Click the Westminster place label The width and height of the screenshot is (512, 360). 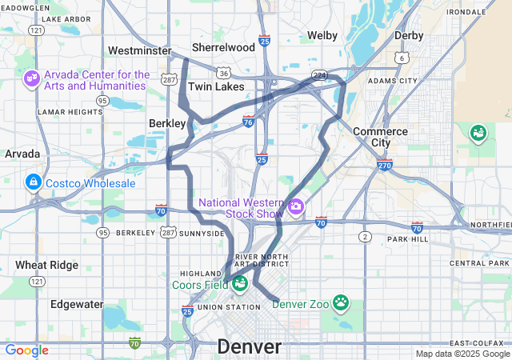(x=140, y=50)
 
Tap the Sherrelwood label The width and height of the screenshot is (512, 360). (x=223, y=47)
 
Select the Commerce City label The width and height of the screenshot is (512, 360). (x=380, y=137)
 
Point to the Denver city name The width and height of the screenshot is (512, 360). (x=250, y=347)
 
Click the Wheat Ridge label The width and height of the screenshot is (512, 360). (x=46, y=265)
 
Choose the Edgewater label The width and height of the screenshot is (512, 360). (x=77, y=304)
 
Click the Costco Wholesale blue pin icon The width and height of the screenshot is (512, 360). (x=34, y=183)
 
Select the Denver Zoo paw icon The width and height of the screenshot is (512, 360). (x=342, y=303)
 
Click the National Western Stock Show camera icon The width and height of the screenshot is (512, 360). (x=296, y=208)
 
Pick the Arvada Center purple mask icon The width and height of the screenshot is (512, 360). (x=33, y=79)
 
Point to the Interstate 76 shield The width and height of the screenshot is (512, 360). (x=249, y=122)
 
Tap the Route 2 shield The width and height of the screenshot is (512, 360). (x=366, y=237)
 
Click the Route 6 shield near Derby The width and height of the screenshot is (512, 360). (x=402, y=58)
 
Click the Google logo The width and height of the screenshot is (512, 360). (x=27, y=350)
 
